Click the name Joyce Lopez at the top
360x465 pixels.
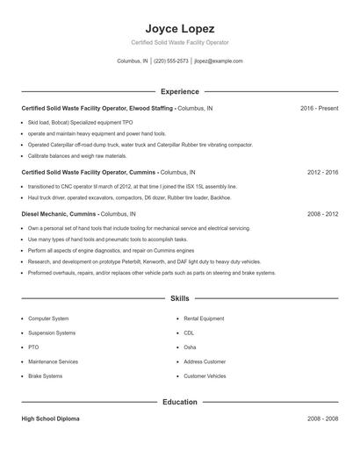click(x=179, y=28)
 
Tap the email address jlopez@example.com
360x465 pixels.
click(x=219, y=61)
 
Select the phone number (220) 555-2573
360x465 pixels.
click(x=171, y=61)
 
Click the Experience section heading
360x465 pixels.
click(x=179, y=91)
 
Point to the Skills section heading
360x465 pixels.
click(x=179, y=298)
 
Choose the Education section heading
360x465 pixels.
click(x=179, y=402)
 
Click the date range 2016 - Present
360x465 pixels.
click(x=319, y=108)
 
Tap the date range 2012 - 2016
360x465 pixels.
click(x=322, y=174)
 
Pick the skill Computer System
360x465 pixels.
click(x=48, y=318)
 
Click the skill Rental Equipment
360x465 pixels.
click(x=203, y=318)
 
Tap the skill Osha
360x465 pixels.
click(x=191, y=347)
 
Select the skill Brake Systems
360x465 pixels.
click(x=45, y=376)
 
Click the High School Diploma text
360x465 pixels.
click(x=50, y=419)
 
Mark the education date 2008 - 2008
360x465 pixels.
click(x=322, y=419)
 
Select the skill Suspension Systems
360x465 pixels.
click(x=52, y=333)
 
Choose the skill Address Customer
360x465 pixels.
click(x=205, y=361)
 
